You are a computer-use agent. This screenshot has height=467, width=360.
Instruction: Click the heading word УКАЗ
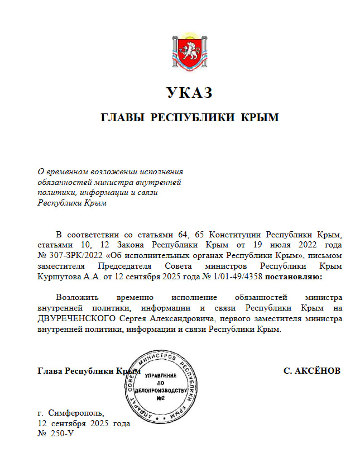(x=189, y=92)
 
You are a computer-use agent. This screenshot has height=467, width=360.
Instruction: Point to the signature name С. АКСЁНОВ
(x=312, y=371)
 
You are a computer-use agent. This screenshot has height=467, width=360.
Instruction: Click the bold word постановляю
(x=293, y=277)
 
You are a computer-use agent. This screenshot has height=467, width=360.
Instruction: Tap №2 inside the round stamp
(x=160, y=398)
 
